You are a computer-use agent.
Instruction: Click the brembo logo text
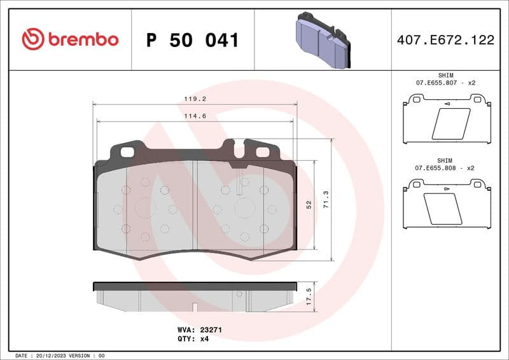coord(82,39)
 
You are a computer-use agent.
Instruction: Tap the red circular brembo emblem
coord(33,39)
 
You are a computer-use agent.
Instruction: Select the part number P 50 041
coord(192,40)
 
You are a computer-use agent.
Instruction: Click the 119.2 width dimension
coord(195,99)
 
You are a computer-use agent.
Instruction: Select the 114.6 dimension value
coord(195,116)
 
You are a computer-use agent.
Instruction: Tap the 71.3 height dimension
coord(326,200)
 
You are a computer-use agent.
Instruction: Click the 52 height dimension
coord(309,204)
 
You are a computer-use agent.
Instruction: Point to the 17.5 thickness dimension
coord(309,296)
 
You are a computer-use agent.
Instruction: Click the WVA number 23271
coord(211,331)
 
